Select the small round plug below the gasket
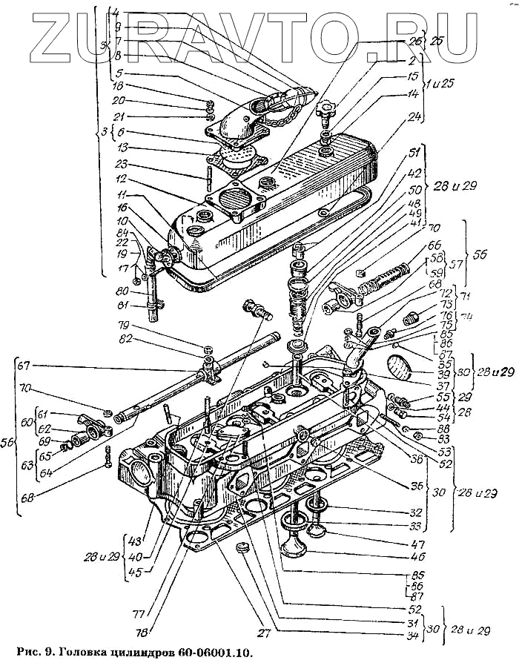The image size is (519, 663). click(x=239, y=548)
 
